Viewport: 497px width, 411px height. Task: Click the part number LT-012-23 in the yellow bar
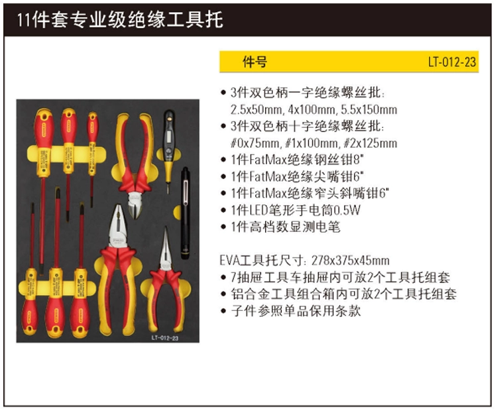click(452, 62)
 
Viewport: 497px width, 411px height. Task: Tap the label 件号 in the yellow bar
click(254, 62)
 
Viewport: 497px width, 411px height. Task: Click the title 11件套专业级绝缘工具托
click(120, 20)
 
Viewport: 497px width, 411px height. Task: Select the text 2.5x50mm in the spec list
click(256, 110)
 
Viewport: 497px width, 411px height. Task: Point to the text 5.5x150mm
click(369, 110)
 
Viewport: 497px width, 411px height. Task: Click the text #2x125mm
click(370, 143)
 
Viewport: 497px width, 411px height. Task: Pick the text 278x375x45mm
click(351, 261)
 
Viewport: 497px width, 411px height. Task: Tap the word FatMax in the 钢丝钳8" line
click(268, 160)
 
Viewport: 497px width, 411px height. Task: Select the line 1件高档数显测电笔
click(285, 227)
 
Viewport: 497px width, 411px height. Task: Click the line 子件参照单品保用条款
click(296, 311)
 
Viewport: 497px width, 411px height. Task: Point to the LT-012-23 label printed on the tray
click(165, 337)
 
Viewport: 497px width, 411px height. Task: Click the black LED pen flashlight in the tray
click(185, 213)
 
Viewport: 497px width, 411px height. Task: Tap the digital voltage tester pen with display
click(168, 149)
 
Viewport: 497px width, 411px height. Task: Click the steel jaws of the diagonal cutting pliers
click(135, 204)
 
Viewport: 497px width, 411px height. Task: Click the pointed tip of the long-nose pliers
click(166, 227)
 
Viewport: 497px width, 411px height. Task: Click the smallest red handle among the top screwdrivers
click(93, 127)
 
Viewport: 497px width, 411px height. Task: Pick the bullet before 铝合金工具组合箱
click(223, 294)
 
